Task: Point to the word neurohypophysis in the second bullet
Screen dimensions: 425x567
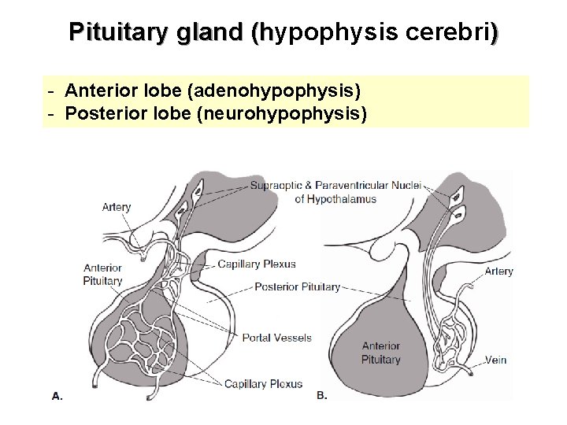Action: [283, 114]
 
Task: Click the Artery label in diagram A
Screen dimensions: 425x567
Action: [117, 208]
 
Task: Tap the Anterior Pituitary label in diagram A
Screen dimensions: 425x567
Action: [102, 273]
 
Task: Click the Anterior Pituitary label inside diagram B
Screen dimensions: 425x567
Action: [381, 353]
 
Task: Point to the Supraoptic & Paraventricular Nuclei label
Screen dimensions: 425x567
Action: [337, 187]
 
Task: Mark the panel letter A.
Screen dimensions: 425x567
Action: [57, 397]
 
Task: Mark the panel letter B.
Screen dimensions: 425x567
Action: [321, 396]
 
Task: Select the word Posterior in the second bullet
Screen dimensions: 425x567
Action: [102, 114]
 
